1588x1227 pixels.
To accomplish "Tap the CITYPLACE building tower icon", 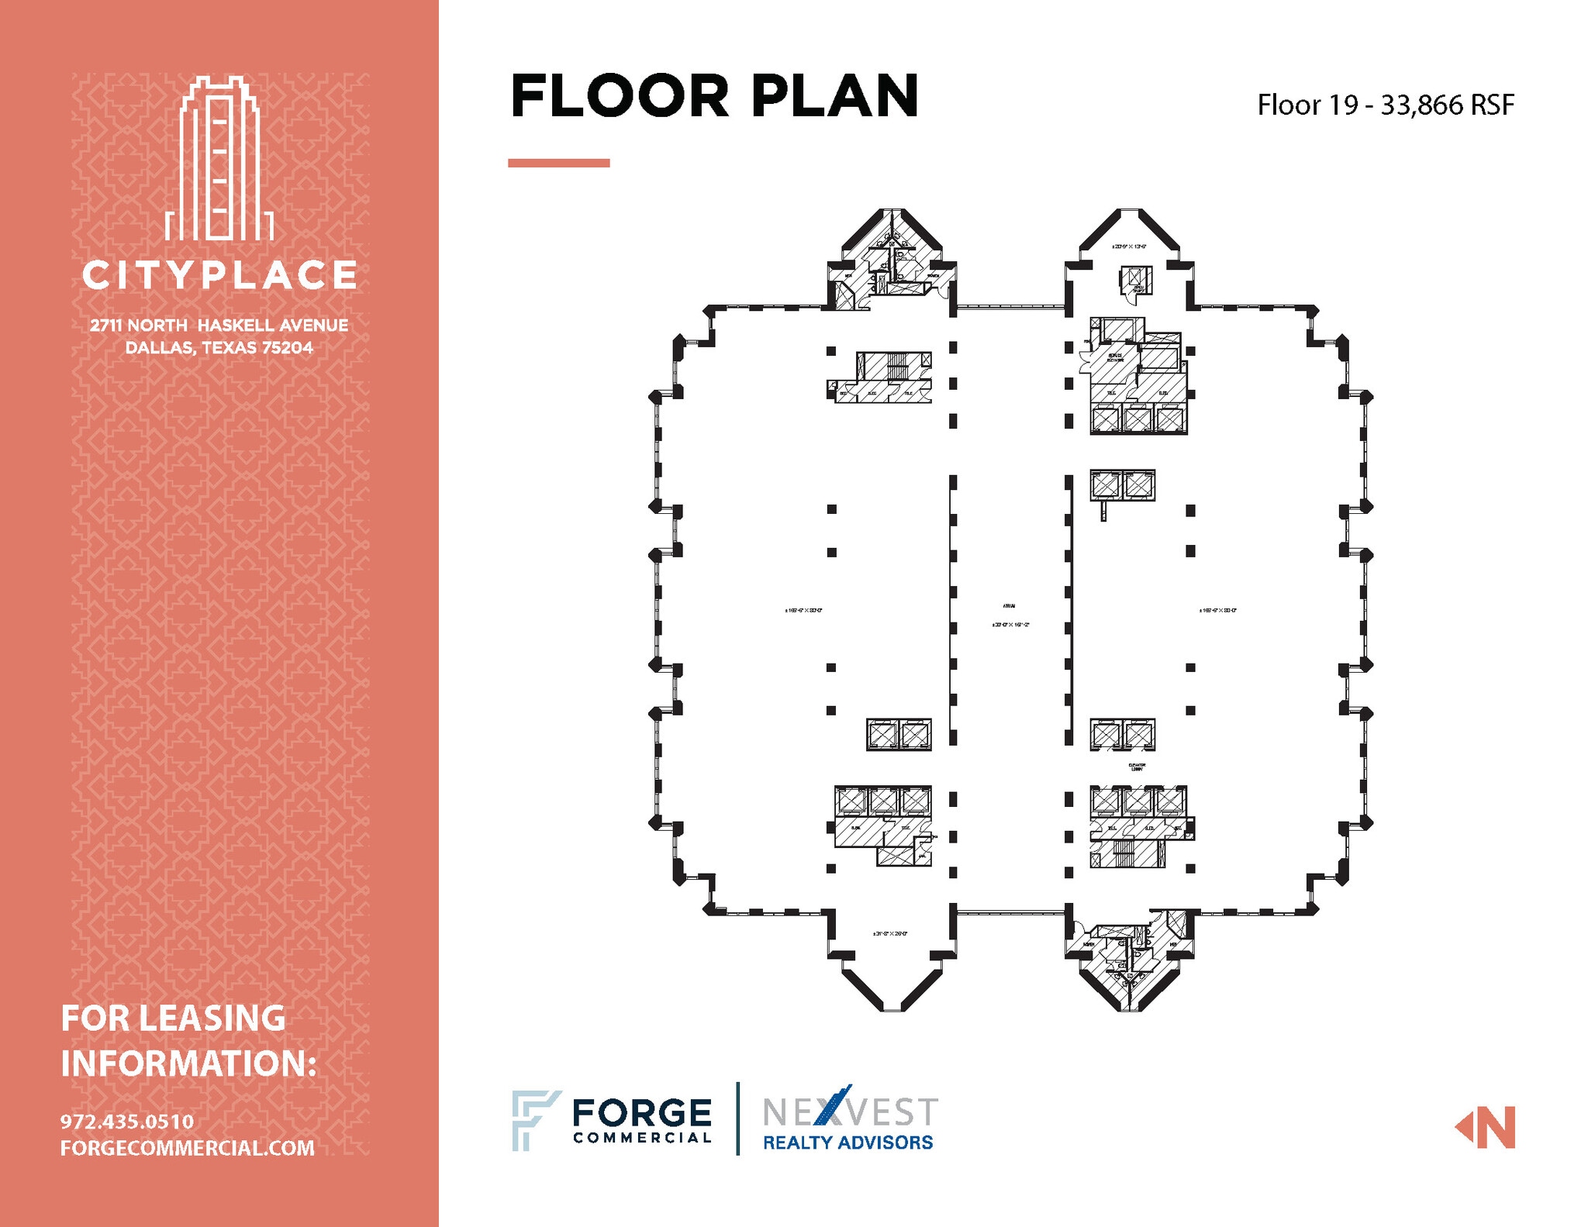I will [219, 159].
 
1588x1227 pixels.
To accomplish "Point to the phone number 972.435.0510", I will [127, 1121].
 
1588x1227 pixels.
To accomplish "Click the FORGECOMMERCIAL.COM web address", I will [187, 1148].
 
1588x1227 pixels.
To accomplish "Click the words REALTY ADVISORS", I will [848, 1142].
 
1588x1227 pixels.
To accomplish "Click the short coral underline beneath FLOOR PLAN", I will [558, 163].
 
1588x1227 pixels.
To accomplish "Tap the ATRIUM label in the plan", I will [1009, 606].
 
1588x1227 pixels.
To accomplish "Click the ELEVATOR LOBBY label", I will [1137, 767].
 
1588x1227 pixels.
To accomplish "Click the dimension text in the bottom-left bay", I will [889, 933].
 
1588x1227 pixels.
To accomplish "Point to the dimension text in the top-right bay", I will [1128, 246].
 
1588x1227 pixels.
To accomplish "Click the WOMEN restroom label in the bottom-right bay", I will [1089, 944].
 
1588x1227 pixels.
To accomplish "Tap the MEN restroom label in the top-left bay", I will [848, 275].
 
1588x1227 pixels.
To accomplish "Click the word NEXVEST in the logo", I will [850, 1112].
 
